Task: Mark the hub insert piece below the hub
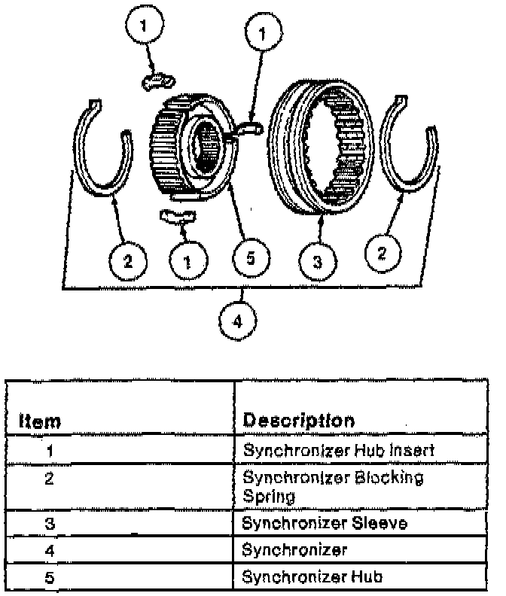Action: [178, 217]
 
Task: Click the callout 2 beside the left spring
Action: [127, 261]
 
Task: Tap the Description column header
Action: [298, 420]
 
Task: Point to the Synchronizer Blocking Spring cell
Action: [333, 487]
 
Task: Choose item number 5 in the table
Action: [47, 578]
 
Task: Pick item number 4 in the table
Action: [47, 551]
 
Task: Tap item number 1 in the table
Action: [47, 452]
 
